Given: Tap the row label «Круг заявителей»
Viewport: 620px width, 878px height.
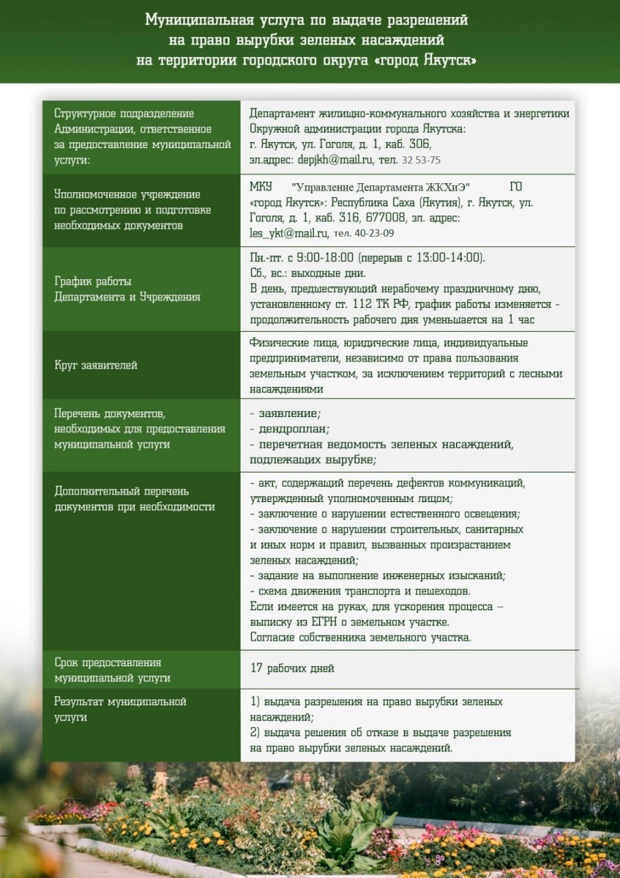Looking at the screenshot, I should click(x=96, y=365).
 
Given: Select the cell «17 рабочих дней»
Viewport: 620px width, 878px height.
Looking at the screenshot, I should click(x=292, y=668).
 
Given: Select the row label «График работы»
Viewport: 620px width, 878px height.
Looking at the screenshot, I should click(x=93, y=281).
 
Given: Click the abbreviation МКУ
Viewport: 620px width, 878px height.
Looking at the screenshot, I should click(x=261, y=187).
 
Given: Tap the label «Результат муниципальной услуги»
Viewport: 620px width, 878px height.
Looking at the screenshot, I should click(x=121, y=709).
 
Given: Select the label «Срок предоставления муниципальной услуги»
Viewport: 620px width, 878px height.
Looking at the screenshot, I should click(x=112, y=670).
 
